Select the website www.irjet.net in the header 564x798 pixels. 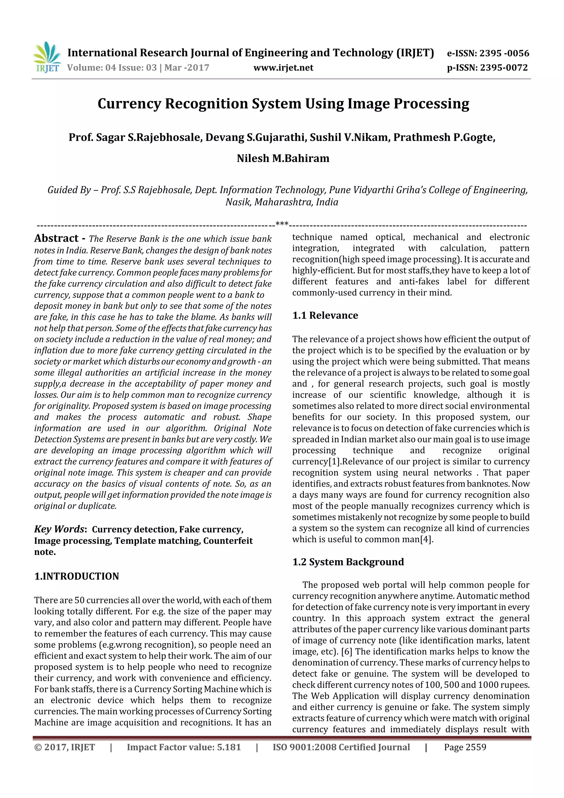point(283,67)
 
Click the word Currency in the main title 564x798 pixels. point(129,104)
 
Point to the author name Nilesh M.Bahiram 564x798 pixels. point(283,158)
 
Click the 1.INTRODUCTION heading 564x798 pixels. point(77,576)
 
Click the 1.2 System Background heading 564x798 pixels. point(348,562)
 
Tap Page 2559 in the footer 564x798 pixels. point(465,747)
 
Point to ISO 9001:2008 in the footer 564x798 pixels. point(304,747)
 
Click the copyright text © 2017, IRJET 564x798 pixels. point(65,747)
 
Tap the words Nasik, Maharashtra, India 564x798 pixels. point(282,202)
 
